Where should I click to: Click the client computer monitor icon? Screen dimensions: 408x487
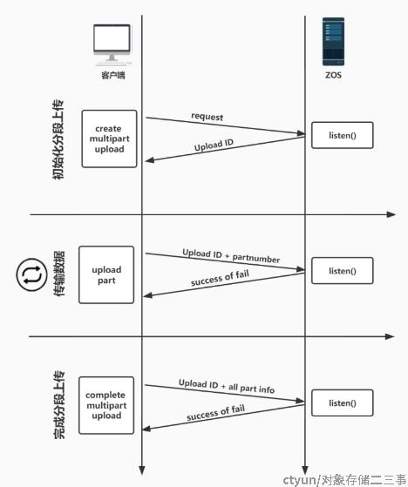[x=112, y=45]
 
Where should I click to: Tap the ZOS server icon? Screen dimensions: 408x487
[x=333, y=42]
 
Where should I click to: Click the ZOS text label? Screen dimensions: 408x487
[x=333, y=75]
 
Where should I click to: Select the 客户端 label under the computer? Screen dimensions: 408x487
[x=112, y=75]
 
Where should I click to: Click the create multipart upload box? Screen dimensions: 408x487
[x=109, y=139]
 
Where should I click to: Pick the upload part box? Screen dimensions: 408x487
[x=106, y=275]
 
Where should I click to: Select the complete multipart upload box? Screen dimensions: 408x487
[x=106, y=405]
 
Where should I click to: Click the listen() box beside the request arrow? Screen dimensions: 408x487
[x=343, y=135]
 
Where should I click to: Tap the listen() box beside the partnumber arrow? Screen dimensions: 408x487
[x=343, y=271]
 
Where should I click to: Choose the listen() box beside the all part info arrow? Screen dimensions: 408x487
[x=343, y=402]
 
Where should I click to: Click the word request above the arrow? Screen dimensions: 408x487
[x=207, y=117]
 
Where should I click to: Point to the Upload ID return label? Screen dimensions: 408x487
[x=214, y=145]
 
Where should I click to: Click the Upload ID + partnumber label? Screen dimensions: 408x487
[x=231, y=256]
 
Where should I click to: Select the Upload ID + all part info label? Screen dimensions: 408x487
[x=227, y=386]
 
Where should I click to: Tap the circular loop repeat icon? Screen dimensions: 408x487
[x=32, y=275]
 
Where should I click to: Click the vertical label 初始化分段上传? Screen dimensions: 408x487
[x=58, y=139]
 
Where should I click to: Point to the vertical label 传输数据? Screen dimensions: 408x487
[x=59, y=274]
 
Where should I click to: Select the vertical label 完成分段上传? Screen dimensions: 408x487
[x=59, y=405]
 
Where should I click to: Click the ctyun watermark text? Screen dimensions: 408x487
[x=345, y=480]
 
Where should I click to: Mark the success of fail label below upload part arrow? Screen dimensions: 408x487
[x=220, y=278]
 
